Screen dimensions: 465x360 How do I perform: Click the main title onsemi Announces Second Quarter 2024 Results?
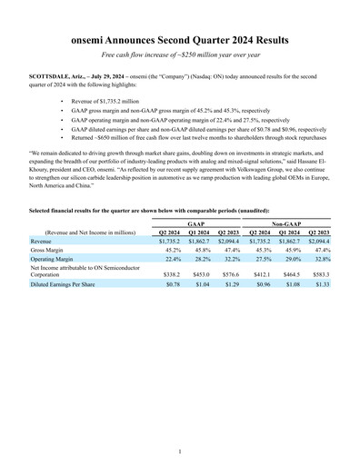coord(180,41)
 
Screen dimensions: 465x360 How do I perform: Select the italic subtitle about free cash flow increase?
coord(180,56)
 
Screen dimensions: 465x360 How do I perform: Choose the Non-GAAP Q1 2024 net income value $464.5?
coord(293,273)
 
